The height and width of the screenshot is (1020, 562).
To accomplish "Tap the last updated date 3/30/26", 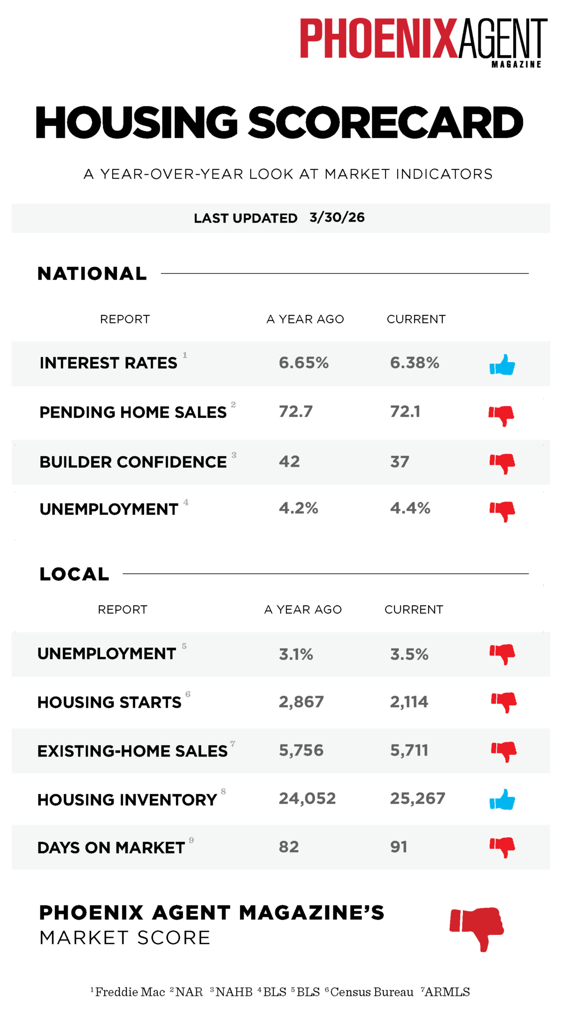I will coord(337,218).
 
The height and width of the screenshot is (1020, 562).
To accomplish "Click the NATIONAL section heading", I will coord(92,273).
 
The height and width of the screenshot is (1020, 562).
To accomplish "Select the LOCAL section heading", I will coord(74,574).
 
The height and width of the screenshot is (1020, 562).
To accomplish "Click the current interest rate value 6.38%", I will coord(415,363).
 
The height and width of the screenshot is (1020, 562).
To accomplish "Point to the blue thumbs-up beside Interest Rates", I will coord(502,365).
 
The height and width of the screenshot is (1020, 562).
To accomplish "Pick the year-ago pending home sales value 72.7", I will coord(296,411).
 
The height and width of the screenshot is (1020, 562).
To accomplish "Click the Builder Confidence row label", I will coord(133,462).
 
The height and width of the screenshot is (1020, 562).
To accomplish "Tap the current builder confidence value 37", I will coord(400,462).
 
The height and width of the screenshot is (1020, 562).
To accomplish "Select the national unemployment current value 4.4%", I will coord(410,508).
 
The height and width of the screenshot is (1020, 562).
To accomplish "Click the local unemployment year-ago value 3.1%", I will coord(296,654).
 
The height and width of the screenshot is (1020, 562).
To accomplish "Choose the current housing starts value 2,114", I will coord(409,702).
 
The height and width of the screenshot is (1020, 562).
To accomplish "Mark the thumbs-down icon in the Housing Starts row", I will coord(504,702).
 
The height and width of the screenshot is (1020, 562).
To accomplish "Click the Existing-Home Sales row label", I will coord(133,751).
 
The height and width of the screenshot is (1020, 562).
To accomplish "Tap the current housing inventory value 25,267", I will coord(418,798).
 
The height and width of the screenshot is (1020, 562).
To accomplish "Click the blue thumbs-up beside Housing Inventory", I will coord(502,800).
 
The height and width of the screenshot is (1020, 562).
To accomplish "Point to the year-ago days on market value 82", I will coord(289,847).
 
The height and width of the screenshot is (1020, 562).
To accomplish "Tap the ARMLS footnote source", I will coord(447,992).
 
